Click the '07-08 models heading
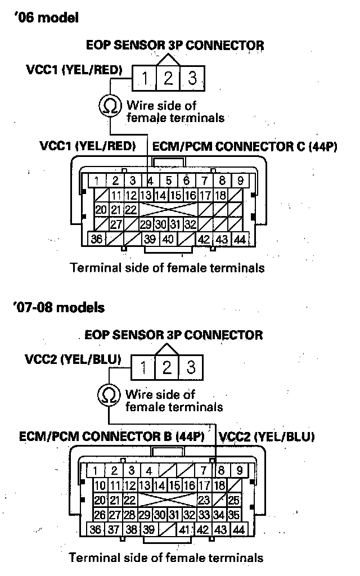point(57,307)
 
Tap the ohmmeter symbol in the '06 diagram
point(109,105)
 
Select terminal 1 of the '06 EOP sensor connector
point(145,78)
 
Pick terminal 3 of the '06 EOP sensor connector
point(192,78)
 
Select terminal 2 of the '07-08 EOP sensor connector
point(167,367)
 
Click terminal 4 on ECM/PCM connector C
point(151,181)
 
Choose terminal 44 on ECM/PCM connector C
point(240,239)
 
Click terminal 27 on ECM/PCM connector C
point(116,224)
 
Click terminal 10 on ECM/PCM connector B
point(100,485)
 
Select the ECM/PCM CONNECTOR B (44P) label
point(111,436)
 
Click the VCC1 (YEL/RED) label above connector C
point(88,147)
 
